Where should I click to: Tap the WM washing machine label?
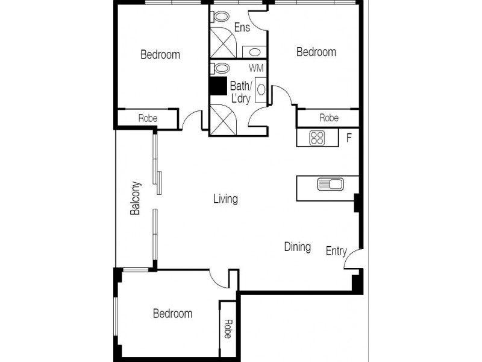pos(256,68)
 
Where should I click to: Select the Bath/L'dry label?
pos(241,92)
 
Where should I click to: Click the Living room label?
pos(225,198)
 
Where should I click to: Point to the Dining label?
pos(297,247)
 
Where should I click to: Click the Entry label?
pos(336,251)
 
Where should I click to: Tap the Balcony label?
pos(136,198)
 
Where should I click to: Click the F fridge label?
pos(348,138)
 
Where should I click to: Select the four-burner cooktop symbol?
pos(317,138)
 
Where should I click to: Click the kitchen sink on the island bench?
pos(329,183)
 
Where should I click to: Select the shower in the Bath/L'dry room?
pos(223,119)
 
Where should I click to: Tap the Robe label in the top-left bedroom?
pos(148,118)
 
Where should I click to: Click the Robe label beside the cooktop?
pos(328,118)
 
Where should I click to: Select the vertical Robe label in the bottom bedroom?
pos(228,328)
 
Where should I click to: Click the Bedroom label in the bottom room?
pos(172,314)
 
